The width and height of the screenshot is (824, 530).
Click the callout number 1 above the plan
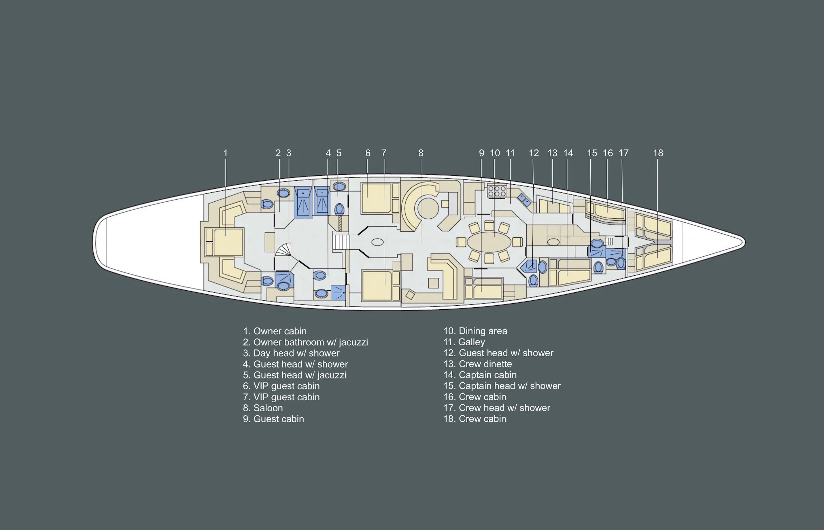point(225,153)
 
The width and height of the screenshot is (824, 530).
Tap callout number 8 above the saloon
point(421,153)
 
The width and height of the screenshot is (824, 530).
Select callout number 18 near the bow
point(658,153)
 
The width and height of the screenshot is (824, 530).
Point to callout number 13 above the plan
point(552,153)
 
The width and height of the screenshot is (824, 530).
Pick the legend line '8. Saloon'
point(263,408)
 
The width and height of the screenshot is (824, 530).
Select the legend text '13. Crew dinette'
point(477,364)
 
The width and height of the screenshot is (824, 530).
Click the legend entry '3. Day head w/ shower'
point(291,353)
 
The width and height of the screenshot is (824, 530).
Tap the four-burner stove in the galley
point(497,191)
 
